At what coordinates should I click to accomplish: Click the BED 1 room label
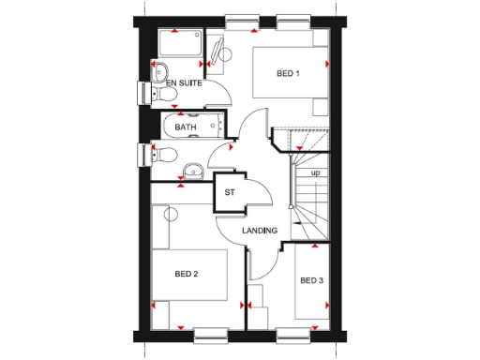(x=288, y=74)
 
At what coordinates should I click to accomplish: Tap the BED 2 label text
(x=187, y=274)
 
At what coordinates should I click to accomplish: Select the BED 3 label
(x=311, y=280)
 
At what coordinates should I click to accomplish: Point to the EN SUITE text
(x=185, y=83)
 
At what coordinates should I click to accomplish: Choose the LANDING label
(x=259, y=231)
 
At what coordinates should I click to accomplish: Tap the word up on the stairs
(x=315, y=173)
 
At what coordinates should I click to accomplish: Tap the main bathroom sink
(x=192, y=170)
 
